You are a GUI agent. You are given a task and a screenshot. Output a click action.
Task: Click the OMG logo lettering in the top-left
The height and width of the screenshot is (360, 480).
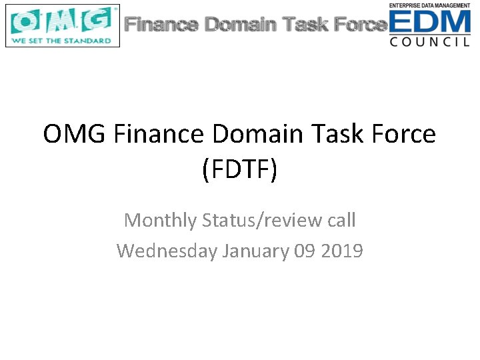(x=62, y=21)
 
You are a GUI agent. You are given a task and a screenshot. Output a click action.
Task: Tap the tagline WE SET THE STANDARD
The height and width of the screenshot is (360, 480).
(x=61, y=41)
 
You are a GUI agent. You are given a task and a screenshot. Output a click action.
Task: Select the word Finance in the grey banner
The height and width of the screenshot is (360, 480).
(x=162, y=25)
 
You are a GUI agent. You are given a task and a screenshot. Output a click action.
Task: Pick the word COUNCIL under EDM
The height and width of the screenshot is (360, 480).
(x=430, y=41)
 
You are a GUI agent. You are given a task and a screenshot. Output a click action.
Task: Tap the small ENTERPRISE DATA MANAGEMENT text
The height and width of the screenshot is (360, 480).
(x=430, y=5)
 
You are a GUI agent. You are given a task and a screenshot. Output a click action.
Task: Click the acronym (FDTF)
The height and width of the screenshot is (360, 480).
(x=239, y=169)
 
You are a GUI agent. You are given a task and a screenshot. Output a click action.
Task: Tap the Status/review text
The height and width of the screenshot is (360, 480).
(x=263, y=219)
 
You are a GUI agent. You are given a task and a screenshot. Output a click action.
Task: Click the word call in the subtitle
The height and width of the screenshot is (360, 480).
(x=341, y=219)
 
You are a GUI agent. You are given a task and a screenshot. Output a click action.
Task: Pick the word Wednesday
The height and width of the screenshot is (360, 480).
(x=167, y=251)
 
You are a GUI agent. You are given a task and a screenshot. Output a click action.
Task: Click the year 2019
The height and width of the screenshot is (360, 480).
(x=342, y=251)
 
